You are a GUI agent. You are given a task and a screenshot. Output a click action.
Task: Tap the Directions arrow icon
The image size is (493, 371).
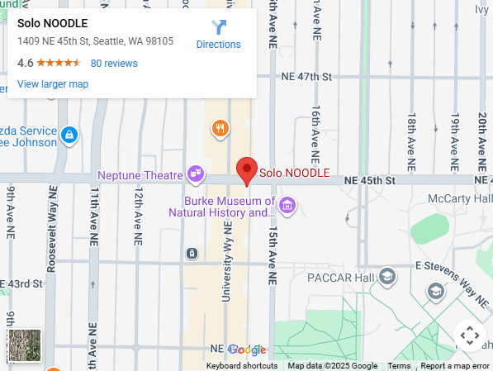pos(218,28)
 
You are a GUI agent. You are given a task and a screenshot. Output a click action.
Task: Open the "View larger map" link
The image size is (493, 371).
pos(53,84)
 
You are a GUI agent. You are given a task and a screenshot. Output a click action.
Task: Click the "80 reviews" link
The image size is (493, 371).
pos(114,64)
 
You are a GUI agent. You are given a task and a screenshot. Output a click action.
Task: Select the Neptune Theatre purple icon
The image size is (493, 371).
pos(196,174)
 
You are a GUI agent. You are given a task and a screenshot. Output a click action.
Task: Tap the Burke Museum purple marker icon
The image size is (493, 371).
pos(287,204)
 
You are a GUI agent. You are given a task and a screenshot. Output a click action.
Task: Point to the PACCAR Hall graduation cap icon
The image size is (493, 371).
pos(387,277)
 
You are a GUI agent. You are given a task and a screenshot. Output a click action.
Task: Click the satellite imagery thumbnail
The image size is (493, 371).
pos(24,345)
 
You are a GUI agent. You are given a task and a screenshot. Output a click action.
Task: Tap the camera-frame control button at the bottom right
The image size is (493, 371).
pos(469,336)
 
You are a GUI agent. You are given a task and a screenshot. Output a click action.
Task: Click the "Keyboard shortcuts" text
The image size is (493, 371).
pos(242,366)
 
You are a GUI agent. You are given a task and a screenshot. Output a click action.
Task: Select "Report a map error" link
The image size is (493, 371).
pos(455,366)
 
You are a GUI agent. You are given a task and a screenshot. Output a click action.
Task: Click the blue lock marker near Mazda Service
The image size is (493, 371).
pos(69,133)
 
